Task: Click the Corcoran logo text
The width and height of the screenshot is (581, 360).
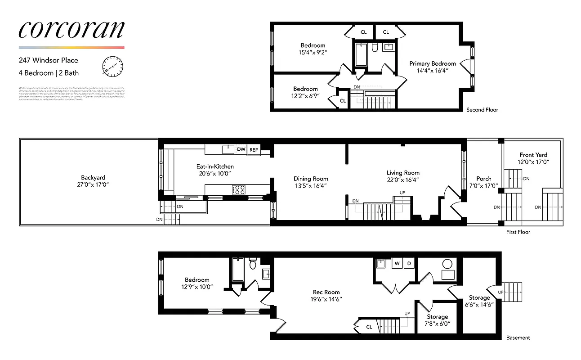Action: (71, 29)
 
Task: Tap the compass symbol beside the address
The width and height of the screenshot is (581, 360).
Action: (112, 67)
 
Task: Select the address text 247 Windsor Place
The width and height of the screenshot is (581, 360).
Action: (49, 60)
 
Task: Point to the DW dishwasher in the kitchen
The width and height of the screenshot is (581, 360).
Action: (241, 149)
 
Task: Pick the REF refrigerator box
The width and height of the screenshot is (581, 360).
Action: (254, 149)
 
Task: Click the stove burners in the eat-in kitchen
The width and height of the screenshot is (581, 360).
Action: (238, 190)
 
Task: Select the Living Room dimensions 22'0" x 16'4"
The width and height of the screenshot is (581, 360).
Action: (403, 180)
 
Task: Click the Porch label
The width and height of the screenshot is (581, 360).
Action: (484, 179)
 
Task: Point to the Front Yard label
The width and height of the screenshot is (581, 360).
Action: (533, 155)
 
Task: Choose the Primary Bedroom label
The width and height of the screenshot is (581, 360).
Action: (432, 63)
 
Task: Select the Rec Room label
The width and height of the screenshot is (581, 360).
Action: (326, 292)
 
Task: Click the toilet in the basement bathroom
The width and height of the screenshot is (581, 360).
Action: (252, 264)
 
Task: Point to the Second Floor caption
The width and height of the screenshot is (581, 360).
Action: (482, 110)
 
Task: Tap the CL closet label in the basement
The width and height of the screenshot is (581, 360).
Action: (369, 327)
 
